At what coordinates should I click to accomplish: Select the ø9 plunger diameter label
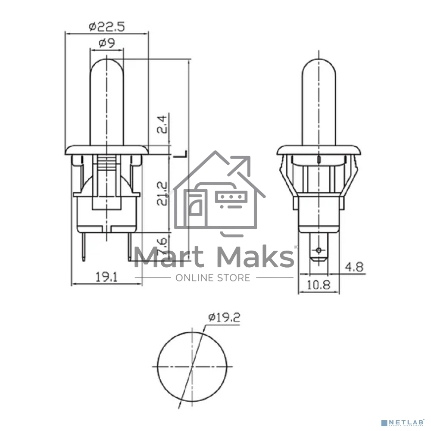click(x=106, y=43)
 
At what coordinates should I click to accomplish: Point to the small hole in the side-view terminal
click(x=319, y=250)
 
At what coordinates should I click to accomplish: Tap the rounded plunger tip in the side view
click(x=318, y=65)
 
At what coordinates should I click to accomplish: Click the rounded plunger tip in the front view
click(x=106, y=65)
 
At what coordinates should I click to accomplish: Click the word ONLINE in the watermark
click(x=194, y=278)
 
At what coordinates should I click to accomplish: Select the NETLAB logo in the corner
click(x=405, y=422)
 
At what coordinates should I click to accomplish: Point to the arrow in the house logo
click(x=241, y=166)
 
